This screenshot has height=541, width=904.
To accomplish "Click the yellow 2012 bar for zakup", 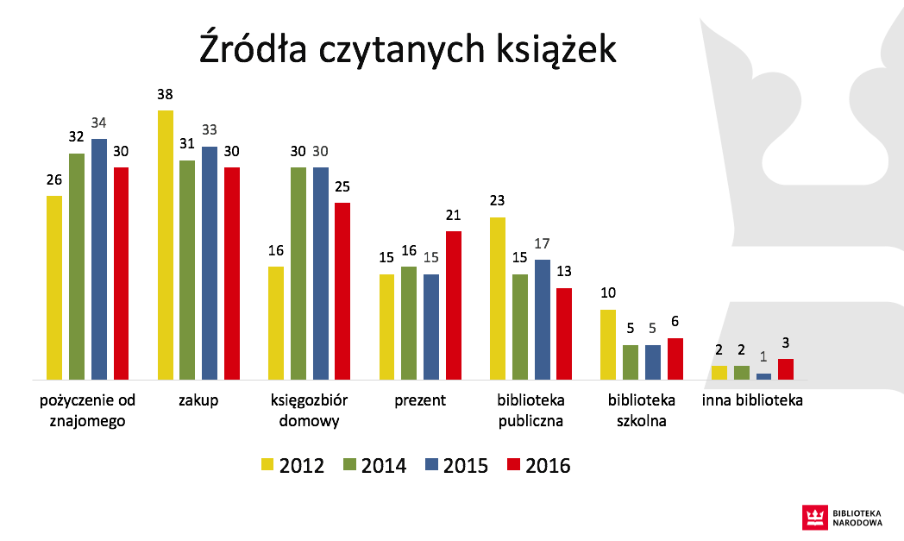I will [x=166, y=245].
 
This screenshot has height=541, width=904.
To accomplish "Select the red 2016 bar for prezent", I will [x=454, y=305].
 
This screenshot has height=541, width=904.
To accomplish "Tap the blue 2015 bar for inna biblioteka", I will [x=763, y=376].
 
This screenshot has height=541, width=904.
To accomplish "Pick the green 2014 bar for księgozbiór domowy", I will [x=298, y=274].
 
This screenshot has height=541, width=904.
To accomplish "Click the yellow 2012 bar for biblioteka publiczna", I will [x=498, y=299].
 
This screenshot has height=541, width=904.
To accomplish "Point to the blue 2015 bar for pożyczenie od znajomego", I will [x=99, y=259].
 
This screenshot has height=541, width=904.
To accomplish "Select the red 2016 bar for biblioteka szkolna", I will [x=675, y=359].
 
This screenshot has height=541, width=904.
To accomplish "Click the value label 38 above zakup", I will [x=166, y=94].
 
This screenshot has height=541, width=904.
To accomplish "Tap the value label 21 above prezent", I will [x=454, y=215].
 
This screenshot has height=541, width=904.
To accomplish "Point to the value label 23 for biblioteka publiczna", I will [x=498, y=201].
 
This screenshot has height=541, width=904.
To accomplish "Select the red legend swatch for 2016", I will [x=513, y=465].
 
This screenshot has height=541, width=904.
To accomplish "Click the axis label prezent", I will [x=420, y=401].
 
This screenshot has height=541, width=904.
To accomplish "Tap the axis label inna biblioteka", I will [x=752, y=401].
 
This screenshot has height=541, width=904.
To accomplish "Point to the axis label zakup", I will [x=198, y=401].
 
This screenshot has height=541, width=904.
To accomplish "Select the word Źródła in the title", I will [x=250, y=49].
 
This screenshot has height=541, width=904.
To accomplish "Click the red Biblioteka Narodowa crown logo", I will [x=813, y=516].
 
